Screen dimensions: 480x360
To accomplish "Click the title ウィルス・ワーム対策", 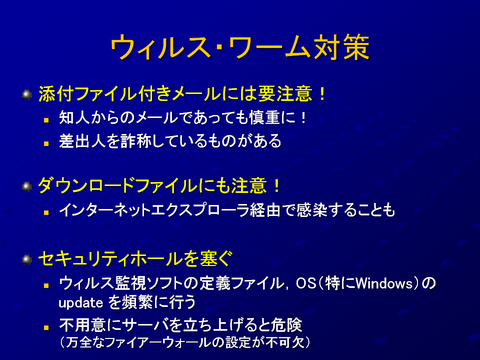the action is coord(240,47).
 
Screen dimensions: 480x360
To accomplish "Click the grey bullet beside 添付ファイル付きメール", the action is coord(27,94).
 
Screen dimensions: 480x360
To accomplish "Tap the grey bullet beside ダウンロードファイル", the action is coord(27,186).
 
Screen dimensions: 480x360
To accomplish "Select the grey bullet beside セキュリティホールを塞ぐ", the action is coord(27,260).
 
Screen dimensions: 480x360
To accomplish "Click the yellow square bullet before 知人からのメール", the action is coord(46,120).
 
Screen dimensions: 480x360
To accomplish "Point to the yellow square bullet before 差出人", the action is coord(46,143).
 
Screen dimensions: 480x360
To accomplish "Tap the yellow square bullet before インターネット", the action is coord(46,212).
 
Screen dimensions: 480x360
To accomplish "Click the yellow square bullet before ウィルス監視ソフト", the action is coord(46,286).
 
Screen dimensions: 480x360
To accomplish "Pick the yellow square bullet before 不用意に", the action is coord(46,327).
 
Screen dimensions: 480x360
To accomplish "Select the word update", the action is coord(81,303).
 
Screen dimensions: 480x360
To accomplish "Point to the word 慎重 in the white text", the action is coord(265,117).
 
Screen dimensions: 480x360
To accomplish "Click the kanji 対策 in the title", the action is coord(341,47).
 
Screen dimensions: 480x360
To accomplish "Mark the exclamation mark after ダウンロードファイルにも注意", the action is coord(276,185).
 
